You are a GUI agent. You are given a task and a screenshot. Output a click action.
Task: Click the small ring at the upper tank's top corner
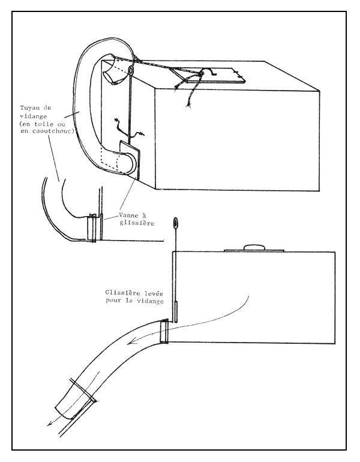130,71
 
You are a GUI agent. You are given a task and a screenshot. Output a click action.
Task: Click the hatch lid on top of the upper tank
207,78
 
